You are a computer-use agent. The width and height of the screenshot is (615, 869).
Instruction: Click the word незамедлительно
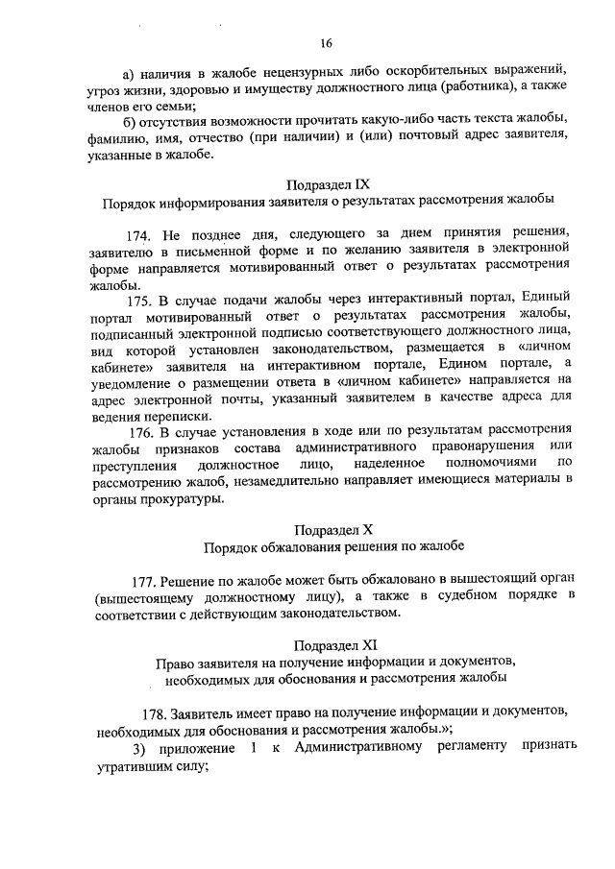pyautogui.click(x=282, y=482)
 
